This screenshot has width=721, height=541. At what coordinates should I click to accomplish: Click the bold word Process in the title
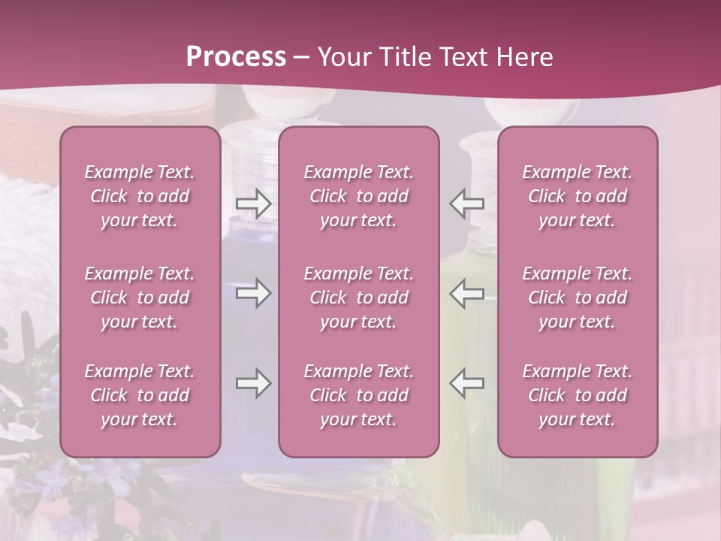pos(236,57)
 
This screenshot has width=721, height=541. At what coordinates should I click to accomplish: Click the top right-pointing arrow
pos(253,204)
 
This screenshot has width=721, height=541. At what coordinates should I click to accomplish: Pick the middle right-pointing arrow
pos(253,293)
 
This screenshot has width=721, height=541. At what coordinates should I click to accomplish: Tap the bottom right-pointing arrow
pos(253,383)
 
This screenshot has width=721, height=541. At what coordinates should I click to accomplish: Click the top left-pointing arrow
pos(467,204)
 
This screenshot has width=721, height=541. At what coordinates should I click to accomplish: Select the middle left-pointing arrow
pos(467,293)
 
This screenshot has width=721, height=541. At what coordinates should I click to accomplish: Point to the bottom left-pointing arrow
pos(467,383)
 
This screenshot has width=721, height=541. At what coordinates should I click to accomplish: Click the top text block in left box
pos(140,196)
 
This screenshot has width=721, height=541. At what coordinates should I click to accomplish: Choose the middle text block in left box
pos(140,298)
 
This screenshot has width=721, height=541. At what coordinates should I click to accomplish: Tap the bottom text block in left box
pos(140,395)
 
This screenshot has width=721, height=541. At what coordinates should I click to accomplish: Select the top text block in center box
pos(359,196)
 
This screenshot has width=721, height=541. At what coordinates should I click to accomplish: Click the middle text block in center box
pos(359,298)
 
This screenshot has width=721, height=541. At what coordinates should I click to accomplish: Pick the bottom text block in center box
pos(359,395)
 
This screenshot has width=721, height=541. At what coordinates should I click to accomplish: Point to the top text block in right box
pos(578,196)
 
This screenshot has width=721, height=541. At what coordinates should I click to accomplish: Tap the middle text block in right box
pos(578,298)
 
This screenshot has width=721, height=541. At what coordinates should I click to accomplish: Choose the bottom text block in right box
pos(578,395)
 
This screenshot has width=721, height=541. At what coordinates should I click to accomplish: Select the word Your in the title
pos(342,57)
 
